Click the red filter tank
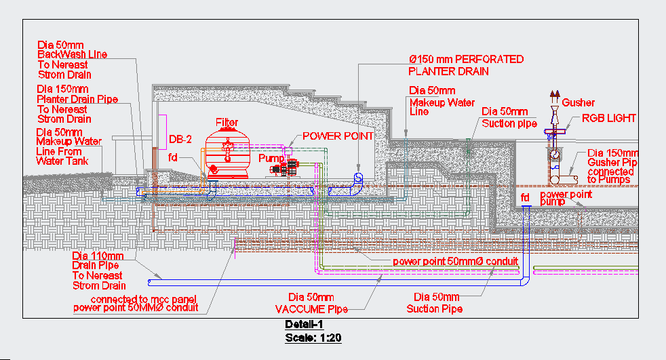pyautogui.click(x=227, y=154)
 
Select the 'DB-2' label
pyautogui.click(x=180, y=140)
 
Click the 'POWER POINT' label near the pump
pyautogui.click(x=338, y=136)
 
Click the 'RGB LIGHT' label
pyautogui.click(x=609, y=119)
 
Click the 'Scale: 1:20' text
pyautogui.click(x=313, y=337)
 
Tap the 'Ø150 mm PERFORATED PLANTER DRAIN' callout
pyautogui.click(x=465, y=65)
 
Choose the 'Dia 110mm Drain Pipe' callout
pyautogui.click(x=98, y=271)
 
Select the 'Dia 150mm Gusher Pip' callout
pyautogui.click(x=612, y=167)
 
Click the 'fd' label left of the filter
pyautogui.click(x=173, y=157)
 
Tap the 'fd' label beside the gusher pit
pyautogui.click(x=525, y=197)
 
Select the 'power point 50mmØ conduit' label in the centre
pyautogui.click(x=456, y=262)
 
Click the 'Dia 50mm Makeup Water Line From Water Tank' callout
pyautogui.click(x=68, y=146)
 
